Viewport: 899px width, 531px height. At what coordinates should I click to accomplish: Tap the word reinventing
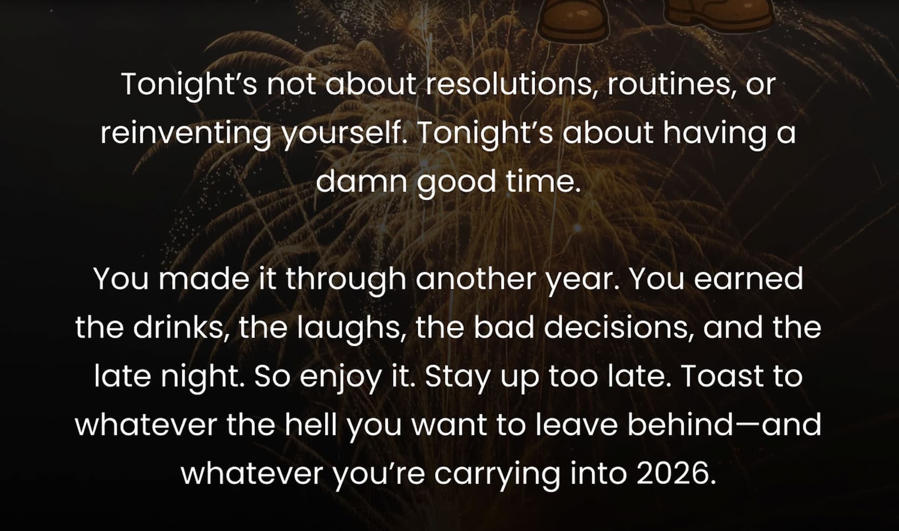pyautogui.click(x=186, y=135)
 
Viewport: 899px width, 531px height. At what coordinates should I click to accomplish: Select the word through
pyautogui.click(x=346, y=279)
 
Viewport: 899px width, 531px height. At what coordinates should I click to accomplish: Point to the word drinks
pyautogui.click(x=181, y=327)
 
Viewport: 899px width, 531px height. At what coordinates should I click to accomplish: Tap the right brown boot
pyautogui.click(x=719, y=15)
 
